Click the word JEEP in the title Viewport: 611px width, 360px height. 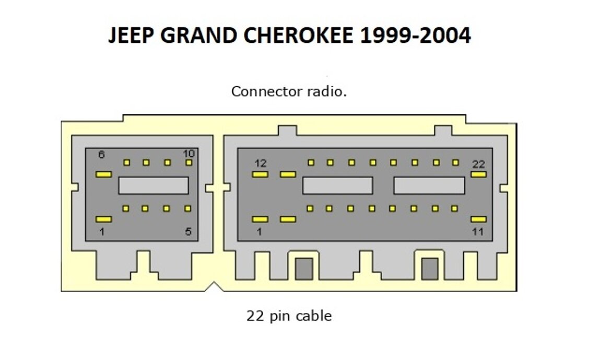click(131, 36)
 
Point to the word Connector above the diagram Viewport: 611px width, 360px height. click(266, 92)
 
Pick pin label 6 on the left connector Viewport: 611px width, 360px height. click(101, 155)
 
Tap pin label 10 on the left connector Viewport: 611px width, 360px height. click(189, 153)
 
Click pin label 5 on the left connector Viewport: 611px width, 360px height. click(189, 231)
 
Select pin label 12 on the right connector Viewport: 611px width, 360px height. click(260, 164)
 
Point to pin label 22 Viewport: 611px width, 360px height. click(478, 164)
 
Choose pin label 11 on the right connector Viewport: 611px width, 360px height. click(478, 231)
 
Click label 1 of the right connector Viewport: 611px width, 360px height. click(259, 231)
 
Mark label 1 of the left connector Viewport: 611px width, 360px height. click(102, 231)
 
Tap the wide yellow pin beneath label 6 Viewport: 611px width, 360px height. click(103, 174)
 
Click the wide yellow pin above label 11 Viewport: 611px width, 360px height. click(478, 219)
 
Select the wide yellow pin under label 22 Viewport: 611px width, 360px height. click(478, 174)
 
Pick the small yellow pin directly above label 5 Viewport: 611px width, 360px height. click(188, 208)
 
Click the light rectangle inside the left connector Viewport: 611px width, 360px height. click(153, 185)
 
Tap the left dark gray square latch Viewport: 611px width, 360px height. click(304, 269)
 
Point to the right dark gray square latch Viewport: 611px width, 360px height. click(430, 269)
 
